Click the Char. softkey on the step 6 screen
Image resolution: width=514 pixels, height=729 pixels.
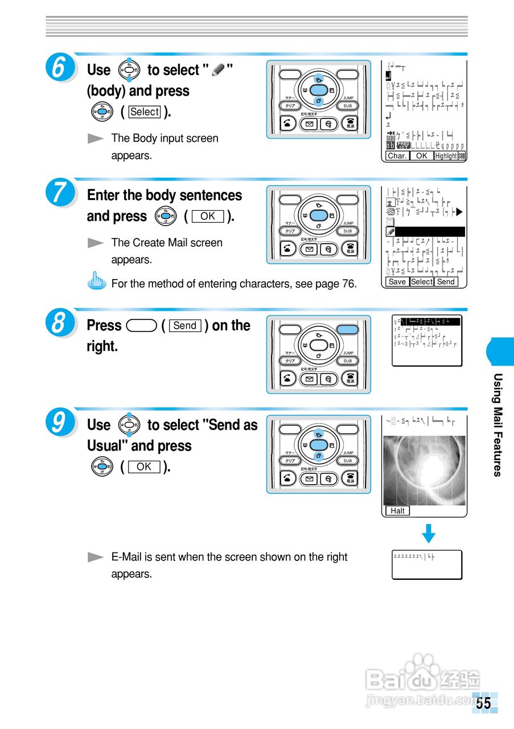tap(397, 155)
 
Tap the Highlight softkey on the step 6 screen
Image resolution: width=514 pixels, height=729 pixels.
tap(446, 155)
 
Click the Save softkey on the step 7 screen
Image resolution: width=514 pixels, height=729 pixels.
tap(397, 281)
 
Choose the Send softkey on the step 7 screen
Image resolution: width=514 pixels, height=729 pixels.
tap(446, 281)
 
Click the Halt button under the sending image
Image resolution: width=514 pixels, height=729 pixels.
tap(397, 511)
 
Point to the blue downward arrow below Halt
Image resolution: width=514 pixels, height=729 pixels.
tap(429, 534)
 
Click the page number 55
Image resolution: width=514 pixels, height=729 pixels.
tap(484, 703)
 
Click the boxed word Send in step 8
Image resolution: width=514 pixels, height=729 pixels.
tap(185, 326)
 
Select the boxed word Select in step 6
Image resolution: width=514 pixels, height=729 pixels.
tap(145, 112)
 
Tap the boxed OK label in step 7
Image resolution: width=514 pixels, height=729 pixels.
tap(208, 216)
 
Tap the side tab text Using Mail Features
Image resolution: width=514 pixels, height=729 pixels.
tap(497, 424)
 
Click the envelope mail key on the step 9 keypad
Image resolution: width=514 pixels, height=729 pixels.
tap(309, 479)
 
